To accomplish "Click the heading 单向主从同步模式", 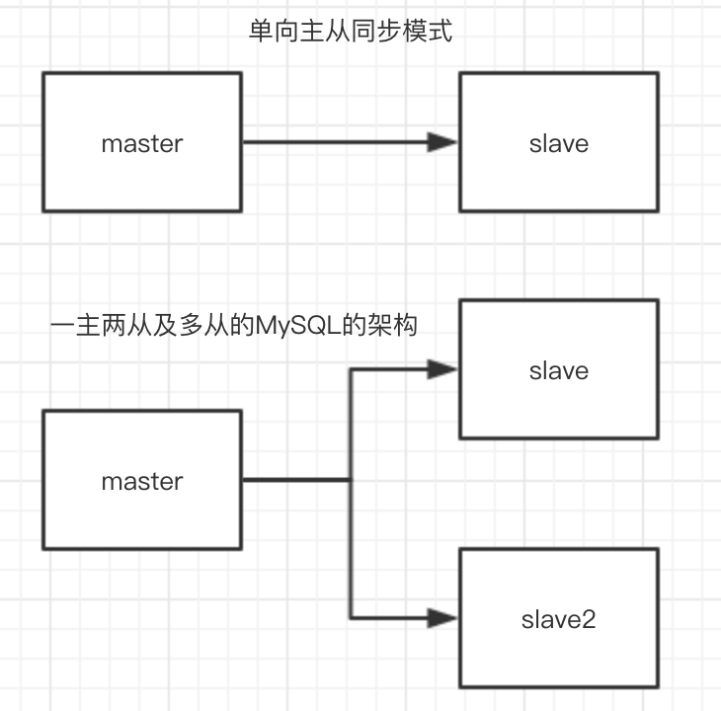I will coord(350,33).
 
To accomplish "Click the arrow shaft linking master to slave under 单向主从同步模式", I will coord(336,142).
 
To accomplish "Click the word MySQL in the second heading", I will coord(292,325).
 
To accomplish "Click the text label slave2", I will coord(559,620).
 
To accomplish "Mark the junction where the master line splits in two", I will coord(351,481).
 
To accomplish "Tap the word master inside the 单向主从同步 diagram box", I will coord(142,143).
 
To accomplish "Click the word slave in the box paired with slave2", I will coord(559,371).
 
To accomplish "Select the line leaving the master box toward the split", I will coord(296,481).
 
